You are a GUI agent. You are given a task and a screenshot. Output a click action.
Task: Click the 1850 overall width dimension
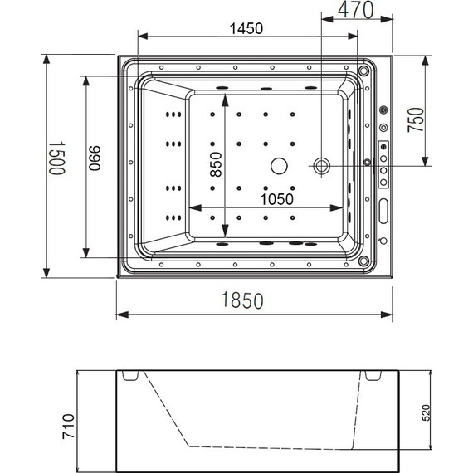[x=242, y=300]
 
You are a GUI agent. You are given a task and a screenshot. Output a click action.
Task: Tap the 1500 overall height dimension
[x=56, y=158]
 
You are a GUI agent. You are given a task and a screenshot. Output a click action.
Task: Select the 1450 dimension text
[x=246, y=29]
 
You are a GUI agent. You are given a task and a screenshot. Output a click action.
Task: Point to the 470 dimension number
[x=356, y=10]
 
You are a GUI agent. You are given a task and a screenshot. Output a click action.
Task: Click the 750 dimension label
[x=416, y=119]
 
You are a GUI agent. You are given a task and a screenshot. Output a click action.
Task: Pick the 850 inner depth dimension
[x=216, y=164]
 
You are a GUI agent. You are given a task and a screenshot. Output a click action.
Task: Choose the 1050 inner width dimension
[x=276, y=199]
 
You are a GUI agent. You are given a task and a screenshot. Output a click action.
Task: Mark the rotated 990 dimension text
[x=95, y=158]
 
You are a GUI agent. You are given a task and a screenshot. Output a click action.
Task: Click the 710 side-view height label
[x=68, y=427]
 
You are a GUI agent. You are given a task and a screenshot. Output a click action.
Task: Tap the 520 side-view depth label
[x=425, y=412]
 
